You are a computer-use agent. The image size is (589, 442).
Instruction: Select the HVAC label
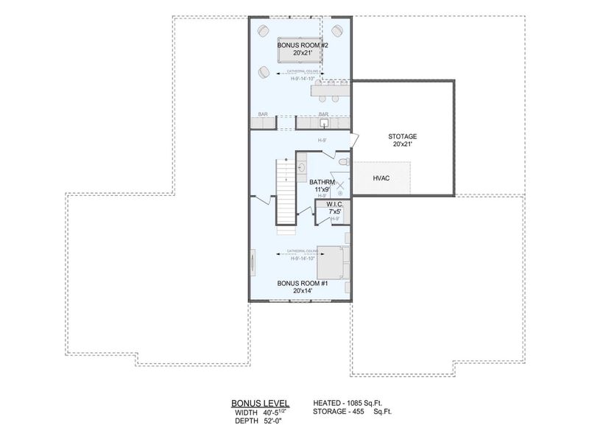(x=381, y=178)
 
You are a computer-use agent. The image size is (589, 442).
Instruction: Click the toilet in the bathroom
(x=343, y=161)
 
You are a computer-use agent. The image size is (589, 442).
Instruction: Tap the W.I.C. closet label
(x=334, y=208)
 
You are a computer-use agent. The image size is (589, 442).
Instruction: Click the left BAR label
(x=263, y=114)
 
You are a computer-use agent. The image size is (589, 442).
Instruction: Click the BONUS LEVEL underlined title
(x=260, y=403)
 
